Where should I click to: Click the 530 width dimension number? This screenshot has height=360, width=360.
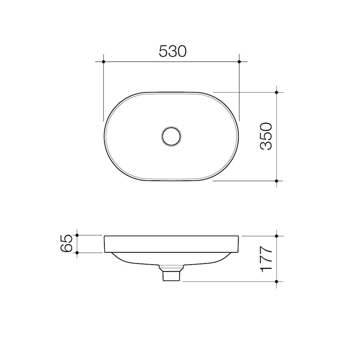(173, 51)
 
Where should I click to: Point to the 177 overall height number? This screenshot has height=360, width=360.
(266, 259)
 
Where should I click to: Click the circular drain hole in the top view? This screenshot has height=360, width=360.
(171, 136)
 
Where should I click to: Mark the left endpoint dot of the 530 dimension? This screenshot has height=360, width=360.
(103, 62)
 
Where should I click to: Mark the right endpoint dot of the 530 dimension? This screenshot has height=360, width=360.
(239, 62)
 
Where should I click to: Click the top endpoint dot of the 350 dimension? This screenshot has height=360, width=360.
(276, 93)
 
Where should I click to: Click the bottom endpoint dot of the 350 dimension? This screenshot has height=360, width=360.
(276, 181)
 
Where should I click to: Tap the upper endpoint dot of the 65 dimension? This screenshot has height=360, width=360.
(77, 235)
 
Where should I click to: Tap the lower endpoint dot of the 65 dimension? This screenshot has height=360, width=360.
(77, 253)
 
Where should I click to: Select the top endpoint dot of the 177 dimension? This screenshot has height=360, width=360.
(276, 236)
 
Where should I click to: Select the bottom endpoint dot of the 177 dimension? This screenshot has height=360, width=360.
(276, 281)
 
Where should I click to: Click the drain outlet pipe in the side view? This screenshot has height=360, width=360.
(171, 275)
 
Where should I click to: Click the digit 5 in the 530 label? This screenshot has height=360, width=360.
(163, 51)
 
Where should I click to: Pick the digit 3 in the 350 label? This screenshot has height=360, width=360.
(266, 145)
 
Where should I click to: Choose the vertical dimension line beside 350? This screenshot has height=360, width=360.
(276, 115)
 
